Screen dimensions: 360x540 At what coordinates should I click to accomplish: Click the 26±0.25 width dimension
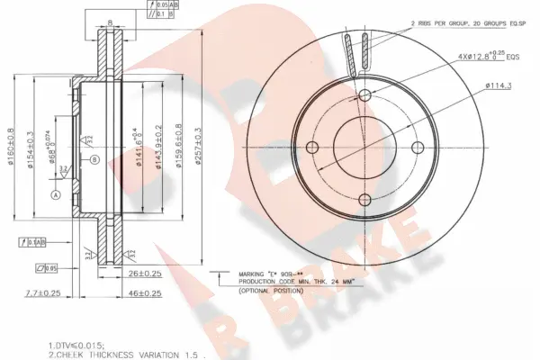[143, 274]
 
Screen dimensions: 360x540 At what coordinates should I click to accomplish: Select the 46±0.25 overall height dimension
[143, 292]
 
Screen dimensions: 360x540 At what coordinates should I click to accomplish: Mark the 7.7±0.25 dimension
[42, 292]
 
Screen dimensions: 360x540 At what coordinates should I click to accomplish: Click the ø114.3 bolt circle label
[499, 85]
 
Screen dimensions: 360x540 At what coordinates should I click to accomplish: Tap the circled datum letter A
[55, 195]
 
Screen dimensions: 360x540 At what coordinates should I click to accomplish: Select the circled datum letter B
[94, 160]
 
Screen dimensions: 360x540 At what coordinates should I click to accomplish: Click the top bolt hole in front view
[365, 96]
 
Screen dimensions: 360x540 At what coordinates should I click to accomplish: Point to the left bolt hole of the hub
[313, 148]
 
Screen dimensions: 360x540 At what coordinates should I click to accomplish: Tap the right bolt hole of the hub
[418, 148]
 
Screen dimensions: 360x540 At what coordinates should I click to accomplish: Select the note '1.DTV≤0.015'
[76, 344]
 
